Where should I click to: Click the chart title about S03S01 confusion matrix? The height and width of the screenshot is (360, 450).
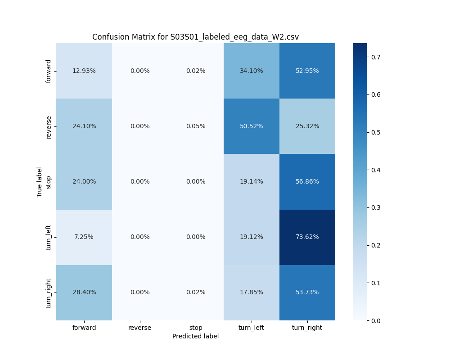click(195, 37)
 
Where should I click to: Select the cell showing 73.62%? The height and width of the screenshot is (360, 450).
click(307, 237)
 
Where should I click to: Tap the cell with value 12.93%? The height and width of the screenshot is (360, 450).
click(84, 71)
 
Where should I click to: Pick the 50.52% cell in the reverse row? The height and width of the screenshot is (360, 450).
click(251, 126)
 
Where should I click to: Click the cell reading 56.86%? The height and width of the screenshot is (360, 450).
click(307, 182)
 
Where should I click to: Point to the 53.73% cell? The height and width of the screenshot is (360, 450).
click(307, 292)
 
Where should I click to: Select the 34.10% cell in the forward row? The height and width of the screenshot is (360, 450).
click(251, 71)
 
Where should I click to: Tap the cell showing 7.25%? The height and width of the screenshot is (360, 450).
click(84, 237)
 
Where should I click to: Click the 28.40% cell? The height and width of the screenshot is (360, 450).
click(84, 292)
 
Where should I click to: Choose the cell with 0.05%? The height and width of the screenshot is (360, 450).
click(195, 126)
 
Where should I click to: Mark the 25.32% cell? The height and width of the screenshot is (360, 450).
click(307, 126)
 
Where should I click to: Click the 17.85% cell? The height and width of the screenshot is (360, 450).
click(251, 292)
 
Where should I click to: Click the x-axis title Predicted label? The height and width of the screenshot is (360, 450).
click(195, 337)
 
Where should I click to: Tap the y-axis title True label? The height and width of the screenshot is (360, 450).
click(40, 182)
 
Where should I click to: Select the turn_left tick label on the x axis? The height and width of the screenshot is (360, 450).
click(251, 328)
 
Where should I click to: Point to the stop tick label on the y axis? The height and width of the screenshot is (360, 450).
click(49, 182)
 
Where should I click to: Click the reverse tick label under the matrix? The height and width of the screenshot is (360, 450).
click(139, 328)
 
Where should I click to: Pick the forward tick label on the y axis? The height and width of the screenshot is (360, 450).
click(49, 71)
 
